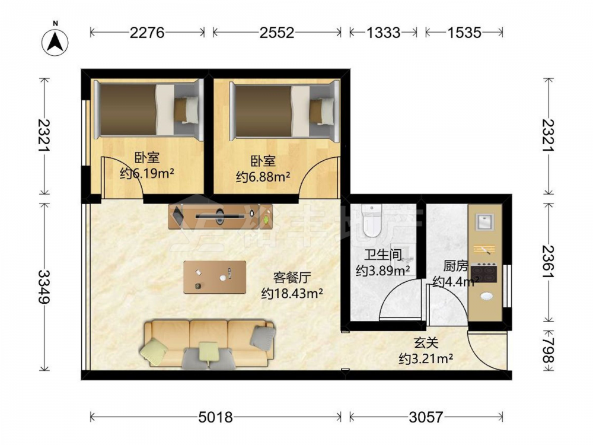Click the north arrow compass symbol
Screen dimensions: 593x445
[55, 42]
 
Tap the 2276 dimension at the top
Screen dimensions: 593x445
[147, 33]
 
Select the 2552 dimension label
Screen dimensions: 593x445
[276, 33]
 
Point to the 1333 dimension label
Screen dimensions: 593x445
[383, 33]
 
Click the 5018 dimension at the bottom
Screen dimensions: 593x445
[216, 417]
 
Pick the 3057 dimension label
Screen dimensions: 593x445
[425, 417]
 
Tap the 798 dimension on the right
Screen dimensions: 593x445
[549, 351]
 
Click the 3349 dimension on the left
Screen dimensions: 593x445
[44, 287]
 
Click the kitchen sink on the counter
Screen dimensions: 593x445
[485, 222]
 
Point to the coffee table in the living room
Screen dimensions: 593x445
[215, 277]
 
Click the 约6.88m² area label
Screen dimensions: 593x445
[263, 177]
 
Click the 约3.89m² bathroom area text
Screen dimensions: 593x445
[383, 271]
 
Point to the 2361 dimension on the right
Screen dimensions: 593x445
[549, 262]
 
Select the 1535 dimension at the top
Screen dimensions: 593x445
[464, 33]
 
